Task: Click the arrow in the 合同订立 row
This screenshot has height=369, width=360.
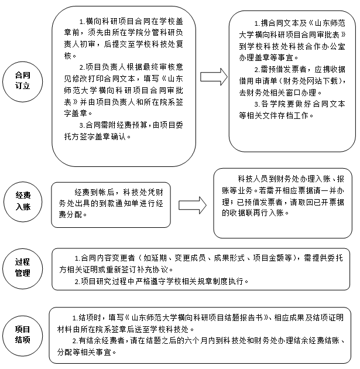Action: tap(214, 77)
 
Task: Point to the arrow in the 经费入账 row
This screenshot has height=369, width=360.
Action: tap(193, 206)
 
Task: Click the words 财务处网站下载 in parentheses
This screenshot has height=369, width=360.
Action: tap(310, 81)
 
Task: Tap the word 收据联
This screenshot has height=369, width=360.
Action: tap(242, 213)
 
